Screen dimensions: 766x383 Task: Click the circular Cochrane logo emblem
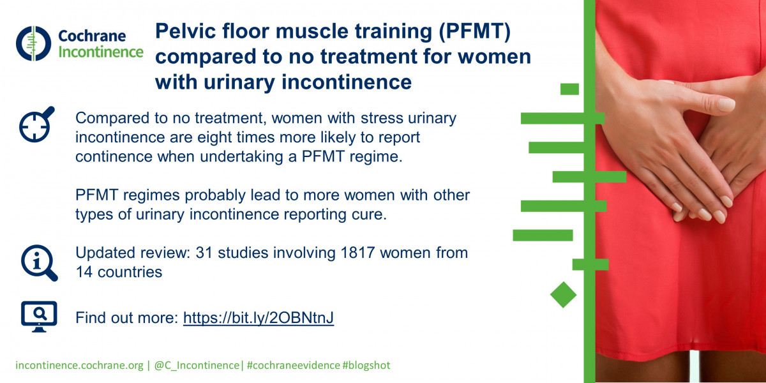pos(33,43)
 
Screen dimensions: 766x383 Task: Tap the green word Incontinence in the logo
pos(101,52)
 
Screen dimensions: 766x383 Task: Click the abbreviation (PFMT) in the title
pos(474,31)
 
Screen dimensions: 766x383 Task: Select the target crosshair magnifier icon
pos(36,124)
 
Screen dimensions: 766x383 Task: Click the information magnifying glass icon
pos(40,263)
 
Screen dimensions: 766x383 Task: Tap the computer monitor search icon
pos(39,317)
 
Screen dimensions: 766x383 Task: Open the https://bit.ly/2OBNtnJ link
pos(259,318)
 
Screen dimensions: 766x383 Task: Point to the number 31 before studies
pos(204,253)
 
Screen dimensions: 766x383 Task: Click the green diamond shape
pos(563,295)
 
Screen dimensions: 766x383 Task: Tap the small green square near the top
pos(569,89)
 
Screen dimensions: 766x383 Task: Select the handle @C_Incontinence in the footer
pos(197,365)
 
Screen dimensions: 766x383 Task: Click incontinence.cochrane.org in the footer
pos(79,365)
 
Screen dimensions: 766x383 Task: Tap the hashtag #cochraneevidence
pos(294,365)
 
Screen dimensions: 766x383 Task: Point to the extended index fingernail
pos(726,104)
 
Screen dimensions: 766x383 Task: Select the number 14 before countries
pos(84,272)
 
